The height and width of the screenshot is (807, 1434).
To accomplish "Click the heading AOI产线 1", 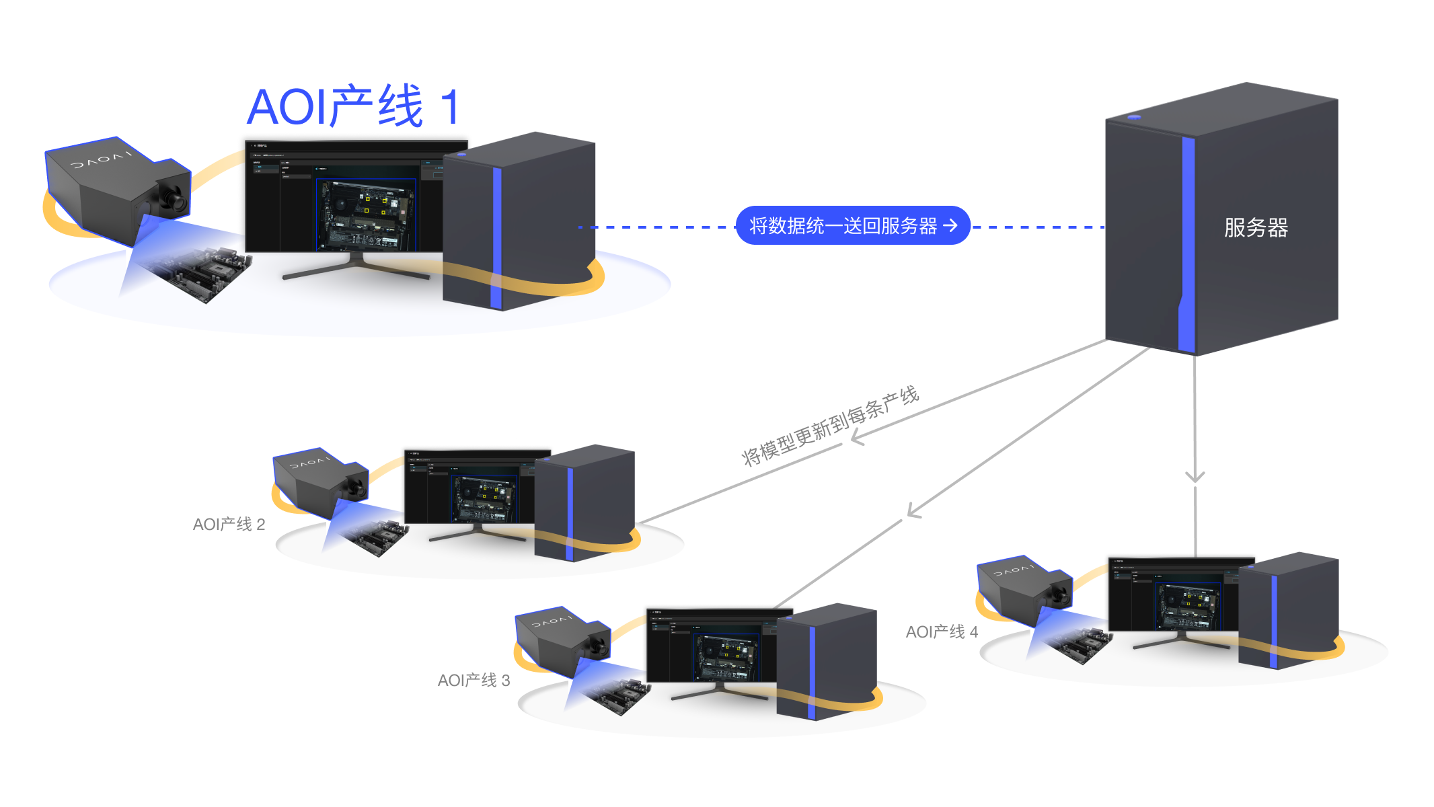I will point(353,107).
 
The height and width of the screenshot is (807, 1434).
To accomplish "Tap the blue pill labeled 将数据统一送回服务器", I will point(852,226).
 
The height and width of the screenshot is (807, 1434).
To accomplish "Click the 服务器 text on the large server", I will point(1255,228).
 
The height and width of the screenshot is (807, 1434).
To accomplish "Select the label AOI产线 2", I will point(229,525).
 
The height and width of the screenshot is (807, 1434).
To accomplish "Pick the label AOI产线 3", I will point(474,681).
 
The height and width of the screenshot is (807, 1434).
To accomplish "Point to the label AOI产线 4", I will point(941,632).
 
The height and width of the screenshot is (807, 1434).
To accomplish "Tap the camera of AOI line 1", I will point(118,188).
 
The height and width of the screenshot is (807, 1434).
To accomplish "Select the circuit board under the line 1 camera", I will point(202,272).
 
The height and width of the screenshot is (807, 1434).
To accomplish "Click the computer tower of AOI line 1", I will point(518,222).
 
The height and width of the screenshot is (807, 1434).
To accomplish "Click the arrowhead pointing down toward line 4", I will point(1195,477).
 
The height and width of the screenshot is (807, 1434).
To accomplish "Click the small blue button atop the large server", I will point(1134,118).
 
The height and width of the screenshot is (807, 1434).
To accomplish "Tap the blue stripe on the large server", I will point(1187,242).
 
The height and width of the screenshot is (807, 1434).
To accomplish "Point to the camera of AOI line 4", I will point(1022,585).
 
